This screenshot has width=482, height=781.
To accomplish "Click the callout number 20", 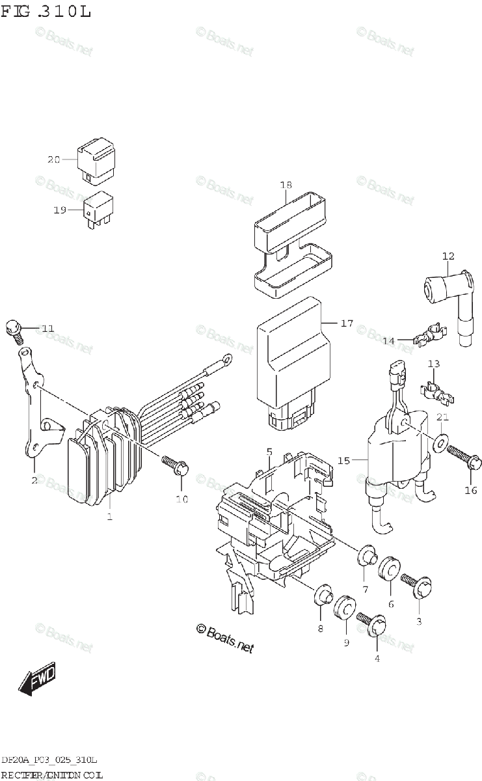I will click(53, 159).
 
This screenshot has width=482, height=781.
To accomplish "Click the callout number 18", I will click(286, 185).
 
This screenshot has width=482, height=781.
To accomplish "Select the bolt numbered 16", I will click(466, 458).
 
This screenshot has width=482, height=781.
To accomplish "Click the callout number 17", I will click(346, 323).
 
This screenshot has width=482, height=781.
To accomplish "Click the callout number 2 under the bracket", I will click(33, 481).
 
